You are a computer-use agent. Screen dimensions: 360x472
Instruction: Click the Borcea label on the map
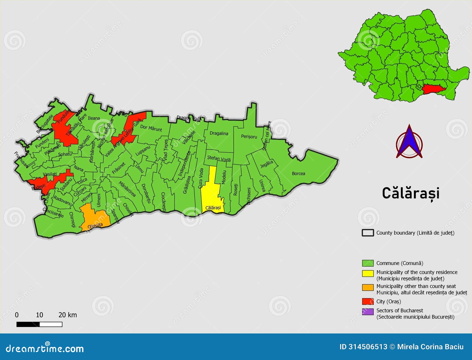click(x=298, y=173)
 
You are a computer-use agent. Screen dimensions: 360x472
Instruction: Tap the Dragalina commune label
click(x=219, y=133)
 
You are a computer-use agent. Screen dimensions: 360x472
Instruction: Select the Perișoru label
click(x=249, y=137)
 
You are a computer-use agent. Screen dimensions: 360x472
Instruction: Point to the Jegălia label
click(x=266, y=164)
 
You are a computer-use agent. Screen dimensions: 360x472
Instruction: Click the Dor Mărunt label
click(x=151, y=128)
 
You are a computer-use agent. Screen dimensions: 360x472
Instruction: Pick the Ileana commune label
click(x=94, y=118)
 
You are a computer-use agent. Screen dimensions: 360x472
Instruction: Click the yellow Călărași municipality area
click(x=211, y=192)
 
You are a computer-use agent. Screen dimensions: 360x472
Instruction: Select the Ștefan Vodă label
click(x=219, y=159)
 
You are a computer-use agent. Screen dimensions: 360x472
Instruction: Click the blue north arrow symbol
click(x=409, y=142)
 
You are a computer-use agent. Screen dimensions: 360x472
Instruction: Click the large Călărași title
click(x=411, y=193)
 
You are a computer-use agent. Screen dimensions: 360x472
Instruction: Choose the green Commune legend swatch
click(x=368, y=263)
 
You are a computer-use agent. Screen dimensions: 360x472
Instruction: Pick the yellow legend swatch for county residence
click(x=368, y=273)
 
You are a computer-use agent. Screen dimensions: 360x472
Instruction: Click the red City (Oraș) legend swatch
click(x=368, y=301)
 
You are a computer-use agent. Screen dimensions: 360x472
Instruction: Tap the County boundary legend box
click(x=368, y=233)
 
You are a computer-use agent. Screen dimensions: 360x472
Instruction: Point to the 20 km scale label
click(x=68, y=315)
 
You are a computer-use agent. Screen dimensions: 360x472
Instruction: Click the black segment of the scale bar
click(x=28, y=324)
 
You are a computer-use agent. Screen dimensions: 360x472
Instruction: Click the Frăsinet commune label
click(x=119, y=168)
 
